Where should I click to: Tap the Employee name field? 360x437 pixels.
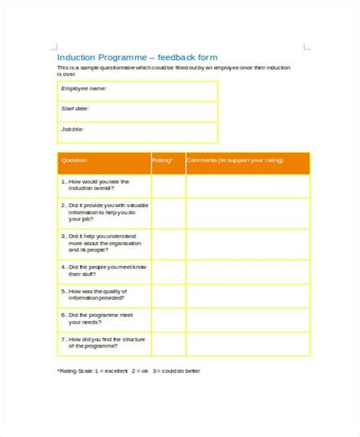click(x=137, y=90)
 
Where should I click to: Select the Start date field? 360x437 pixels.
click(x=137, y=110)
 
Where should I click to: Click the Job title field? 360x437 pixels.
click(x=137, y=130)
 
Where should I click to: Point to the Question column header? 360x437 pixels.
click(x=74, y=161)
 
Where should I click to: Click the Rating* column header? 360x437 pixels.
click(x=163, y=161)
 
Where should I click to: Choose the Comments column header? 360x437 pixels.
click(x=228, y=161)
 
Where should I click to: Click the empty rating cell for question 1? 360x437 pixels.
click(x=168, y=186)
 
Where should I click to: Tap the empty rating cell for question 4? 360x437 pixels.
click(x=168, y=272)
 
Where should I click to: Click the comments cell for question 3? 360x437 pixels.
click(x=248, y=244)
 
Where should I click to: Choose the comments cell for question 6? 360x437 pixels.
click(x=248, y=319)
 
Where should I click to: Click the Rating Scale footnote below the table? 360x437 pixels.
click(x=128, y=372)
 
